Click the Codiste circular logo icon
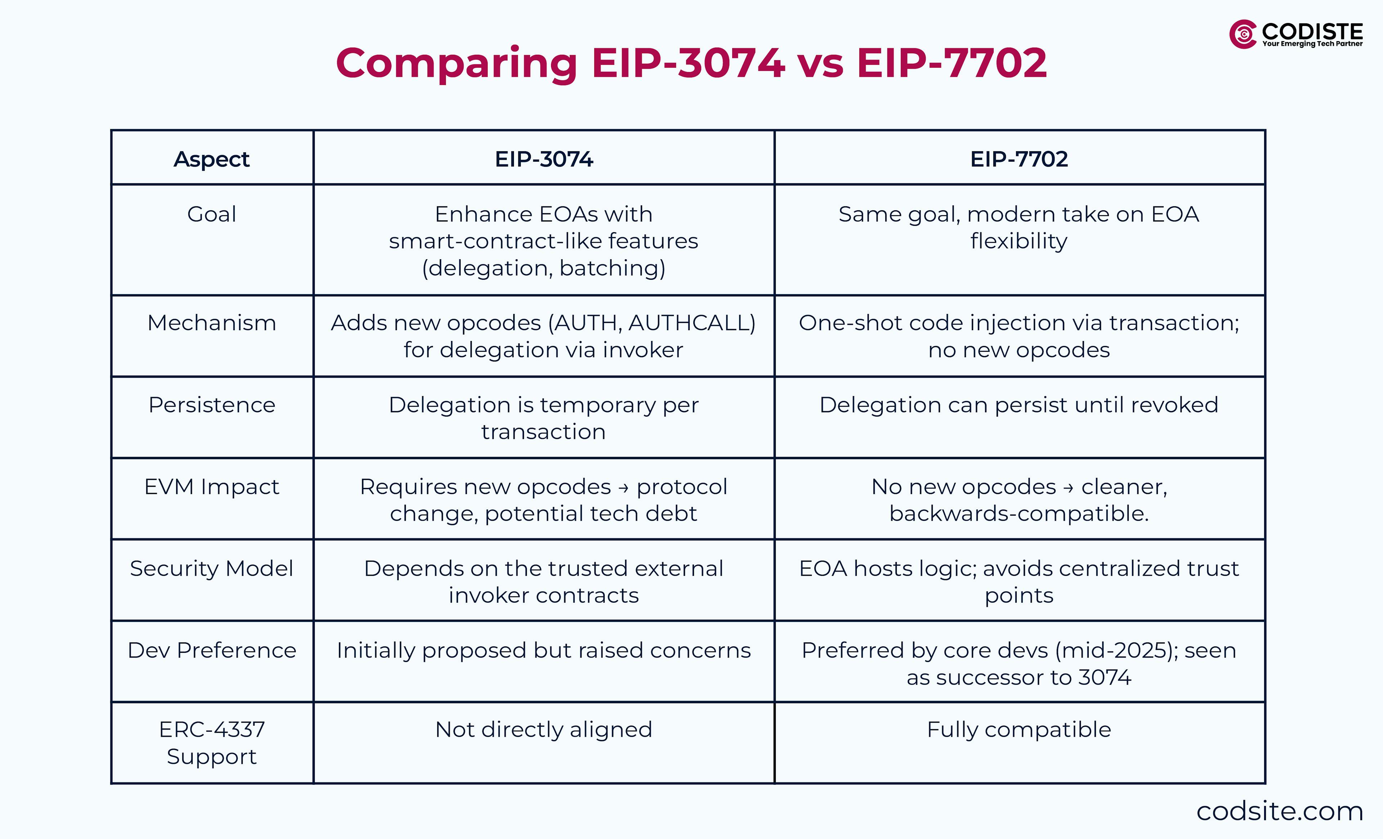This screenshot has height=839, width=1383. (x=1243, y=34)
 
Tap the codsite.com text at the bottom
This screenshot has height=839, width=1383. (x=1279, y=811)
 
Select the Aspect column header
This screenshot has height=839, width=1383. (x=212, y=159)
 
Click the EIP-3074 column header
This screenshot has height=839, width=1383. (x=543, y=159)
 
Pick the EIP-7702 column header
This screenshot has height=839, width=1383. (x=1019, y=159)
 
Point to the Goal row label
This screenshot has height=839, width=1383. (x=212, y=214)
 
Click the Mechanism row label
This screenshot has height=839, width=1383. (x=212, y=323)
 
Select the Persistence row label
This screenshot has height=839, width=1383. (x=212, y=405)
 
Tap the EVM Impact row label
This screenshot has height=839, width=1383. (x=212, y=486)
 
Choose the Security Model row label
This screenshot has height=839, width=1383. (x=212, y=569)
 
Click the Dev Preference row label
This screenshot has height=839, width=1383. (x=212, y=650)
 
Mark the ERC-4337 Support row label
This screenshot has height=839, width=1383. (x=212, y=742)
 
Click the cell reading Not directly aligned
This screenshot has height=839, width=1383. (x=543, y=730)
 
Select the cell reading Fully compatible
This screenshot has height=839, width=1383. (x=1019, y=730)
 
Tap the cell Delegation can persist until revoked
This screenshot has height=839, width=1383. (x=1019, y=405)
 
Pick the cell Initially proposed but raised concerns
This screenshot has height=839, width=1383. (x=543, y=650)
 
